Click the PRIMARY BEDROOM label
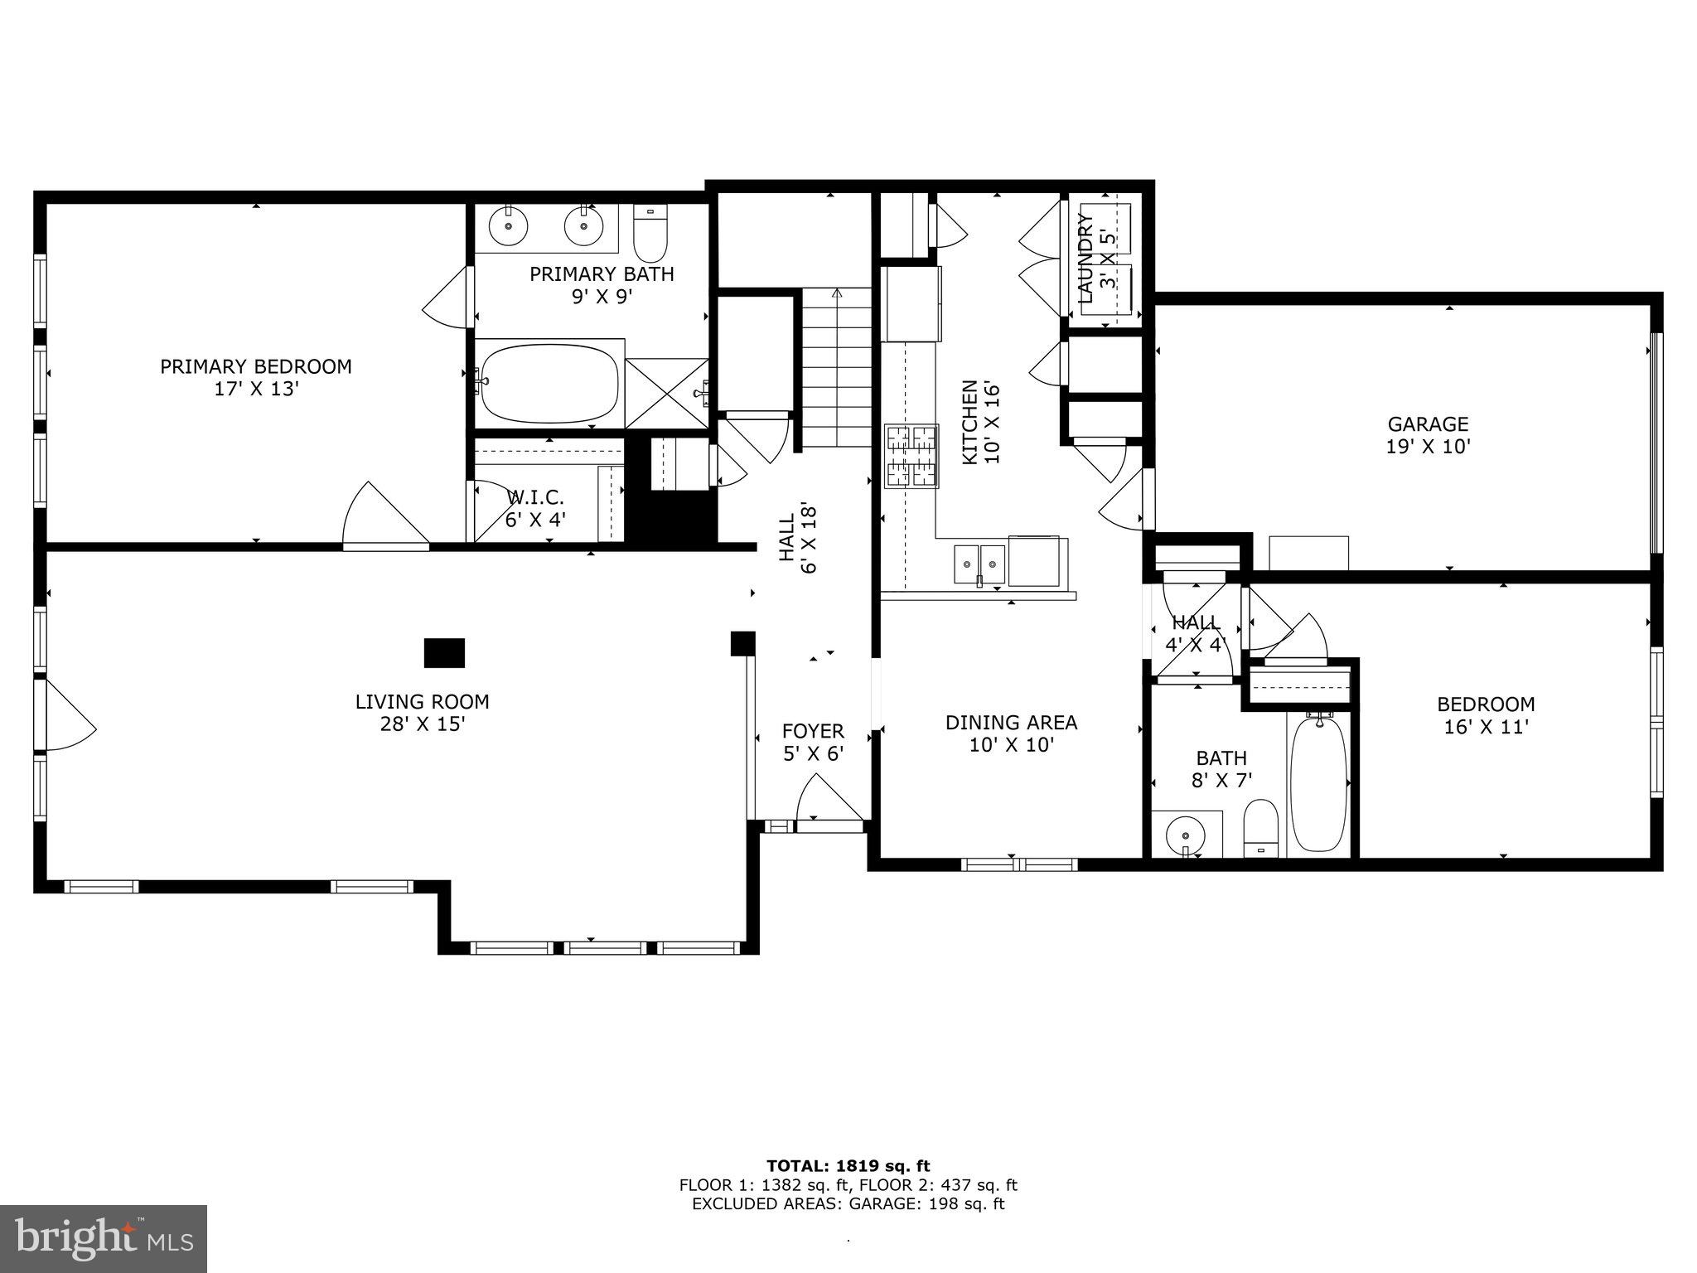tap(255, 377)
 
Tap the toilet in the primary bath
tap(650, 235)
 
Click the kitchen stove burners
tap(911, 455)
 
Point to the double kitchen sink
tap(979, 564)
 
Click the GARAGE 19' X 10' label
tap(1428, 435)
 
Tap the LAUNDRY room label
tap(1095, 257)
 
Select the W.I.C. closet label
tap(535, 508)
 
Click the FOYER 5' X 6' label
tap(813, 742)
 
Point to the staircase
tap(835, 369)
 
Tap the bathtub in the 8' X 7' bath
tap(1319, 783)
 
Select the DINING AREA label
tap(1011, 733)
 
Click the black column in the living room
tap(444, 652)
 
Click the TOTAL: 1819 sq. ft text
tap(848, 1166)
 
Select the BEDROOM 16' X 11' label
tap(1485, 715)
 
